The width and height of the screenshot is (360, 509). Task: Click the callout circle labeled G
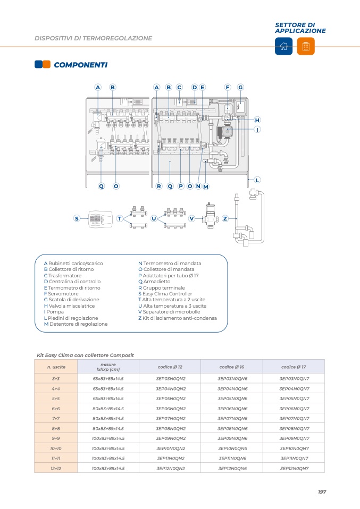[240, 87]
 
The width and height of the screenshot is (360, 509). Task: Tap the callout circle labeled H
[257, 120]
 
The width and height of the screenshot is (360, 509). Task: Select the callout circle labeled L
[257, 180]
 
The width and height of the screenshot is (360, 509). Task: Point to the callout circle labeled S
[77, 218]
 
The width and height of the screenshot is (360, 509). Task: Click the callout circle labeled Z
[225, 218]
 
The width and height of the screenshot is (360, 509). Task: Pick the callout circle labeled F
[227, 87]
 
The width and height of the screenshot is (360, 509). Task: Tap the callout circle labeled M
[206, 186]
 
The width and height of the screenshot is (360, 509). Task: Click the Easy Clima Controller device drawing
[100, 218]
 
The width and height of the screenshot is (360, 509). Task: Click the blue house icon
[283, 46]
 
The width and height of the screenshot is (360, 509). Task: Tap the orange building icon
[306, 46]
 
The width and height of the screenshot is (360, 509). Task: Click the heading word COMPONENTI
[80, 65]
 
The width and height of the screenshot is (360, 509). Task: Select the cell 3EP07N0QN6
[233, 418]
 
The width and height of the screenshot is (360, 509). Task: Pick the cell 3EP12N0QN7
[295, 468]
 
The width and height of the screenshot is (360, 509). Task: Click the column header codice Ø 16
[232, 367]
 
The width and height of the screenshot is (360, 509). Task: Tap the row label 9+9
[56, 438]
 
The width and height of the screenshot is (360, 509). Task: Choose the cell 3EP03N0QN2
[171, 378]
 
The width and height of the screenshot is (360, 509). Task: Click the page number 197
[322, 492]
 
